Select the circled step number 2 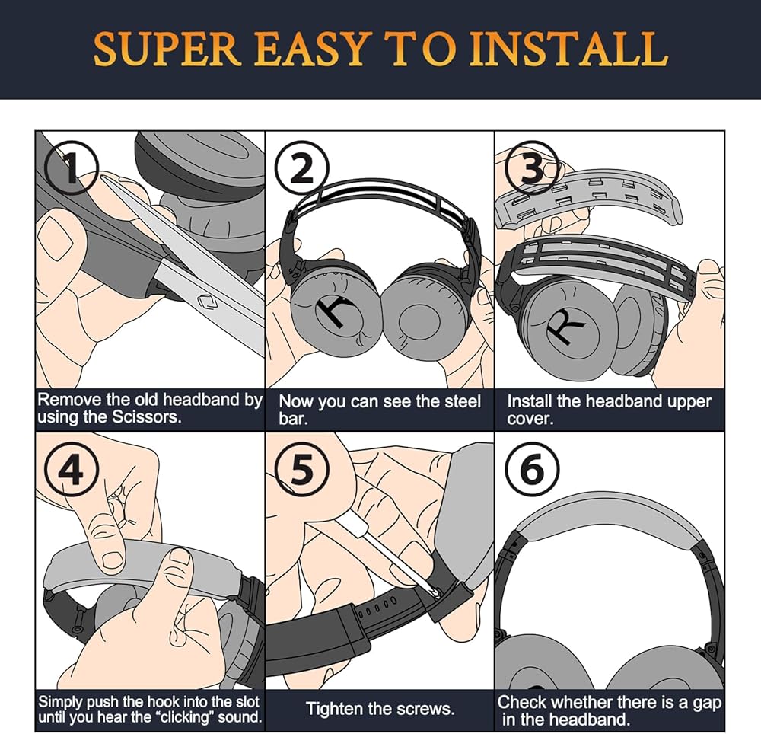[302, 168]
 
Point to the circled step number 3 [531, 168]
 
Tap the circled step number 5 [303, 470]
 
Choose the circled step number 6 [532, 469]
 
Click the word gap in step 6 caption [704, 701]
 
